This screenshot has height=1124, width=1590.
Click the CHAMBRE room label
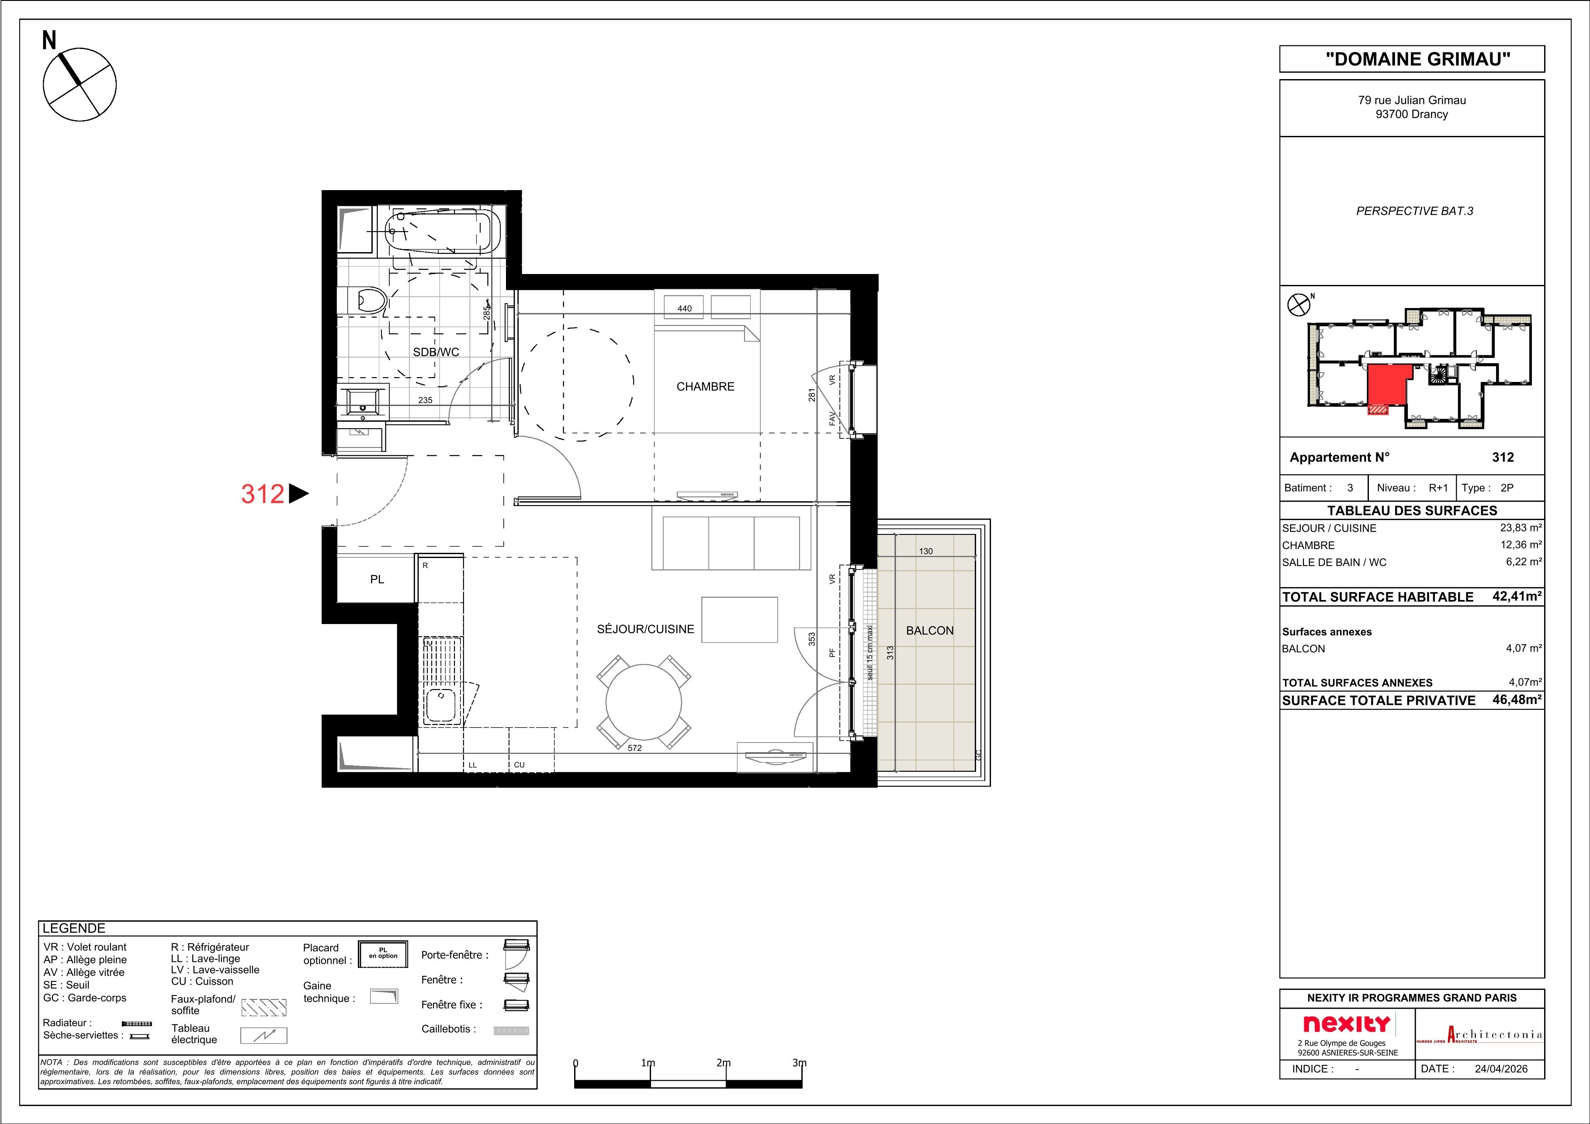(705, 386)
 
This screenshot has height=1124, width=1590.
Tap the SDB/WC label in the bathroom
(436, 352)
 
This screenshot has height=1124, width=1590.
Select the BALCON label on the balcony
(929, 630)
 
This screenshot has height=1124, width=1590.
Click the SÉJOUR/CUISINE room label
(645, 629)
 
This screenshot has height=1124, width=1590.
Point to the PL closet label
(377, 579)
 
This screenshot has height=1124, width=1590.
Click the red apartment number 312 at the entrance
(263, 494)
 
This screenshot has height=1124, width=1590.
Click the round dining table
(644, 703)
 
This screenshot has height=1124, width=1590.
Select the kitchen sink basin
(440, 705)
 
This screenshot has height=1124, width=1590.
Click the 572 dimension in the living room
(634, 748)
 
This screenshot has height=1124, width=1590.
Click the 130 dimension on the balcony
(926, 551)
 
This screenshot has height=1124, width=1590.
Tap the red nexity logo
(1346, 1023)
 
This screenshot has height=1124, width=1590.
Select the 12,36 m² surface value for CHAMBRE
(1521, 545)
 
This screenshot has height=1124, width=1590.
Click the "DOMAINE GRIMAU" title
(1411, 59)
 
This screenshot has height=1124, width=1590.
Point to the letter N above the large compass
(49, 41)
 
